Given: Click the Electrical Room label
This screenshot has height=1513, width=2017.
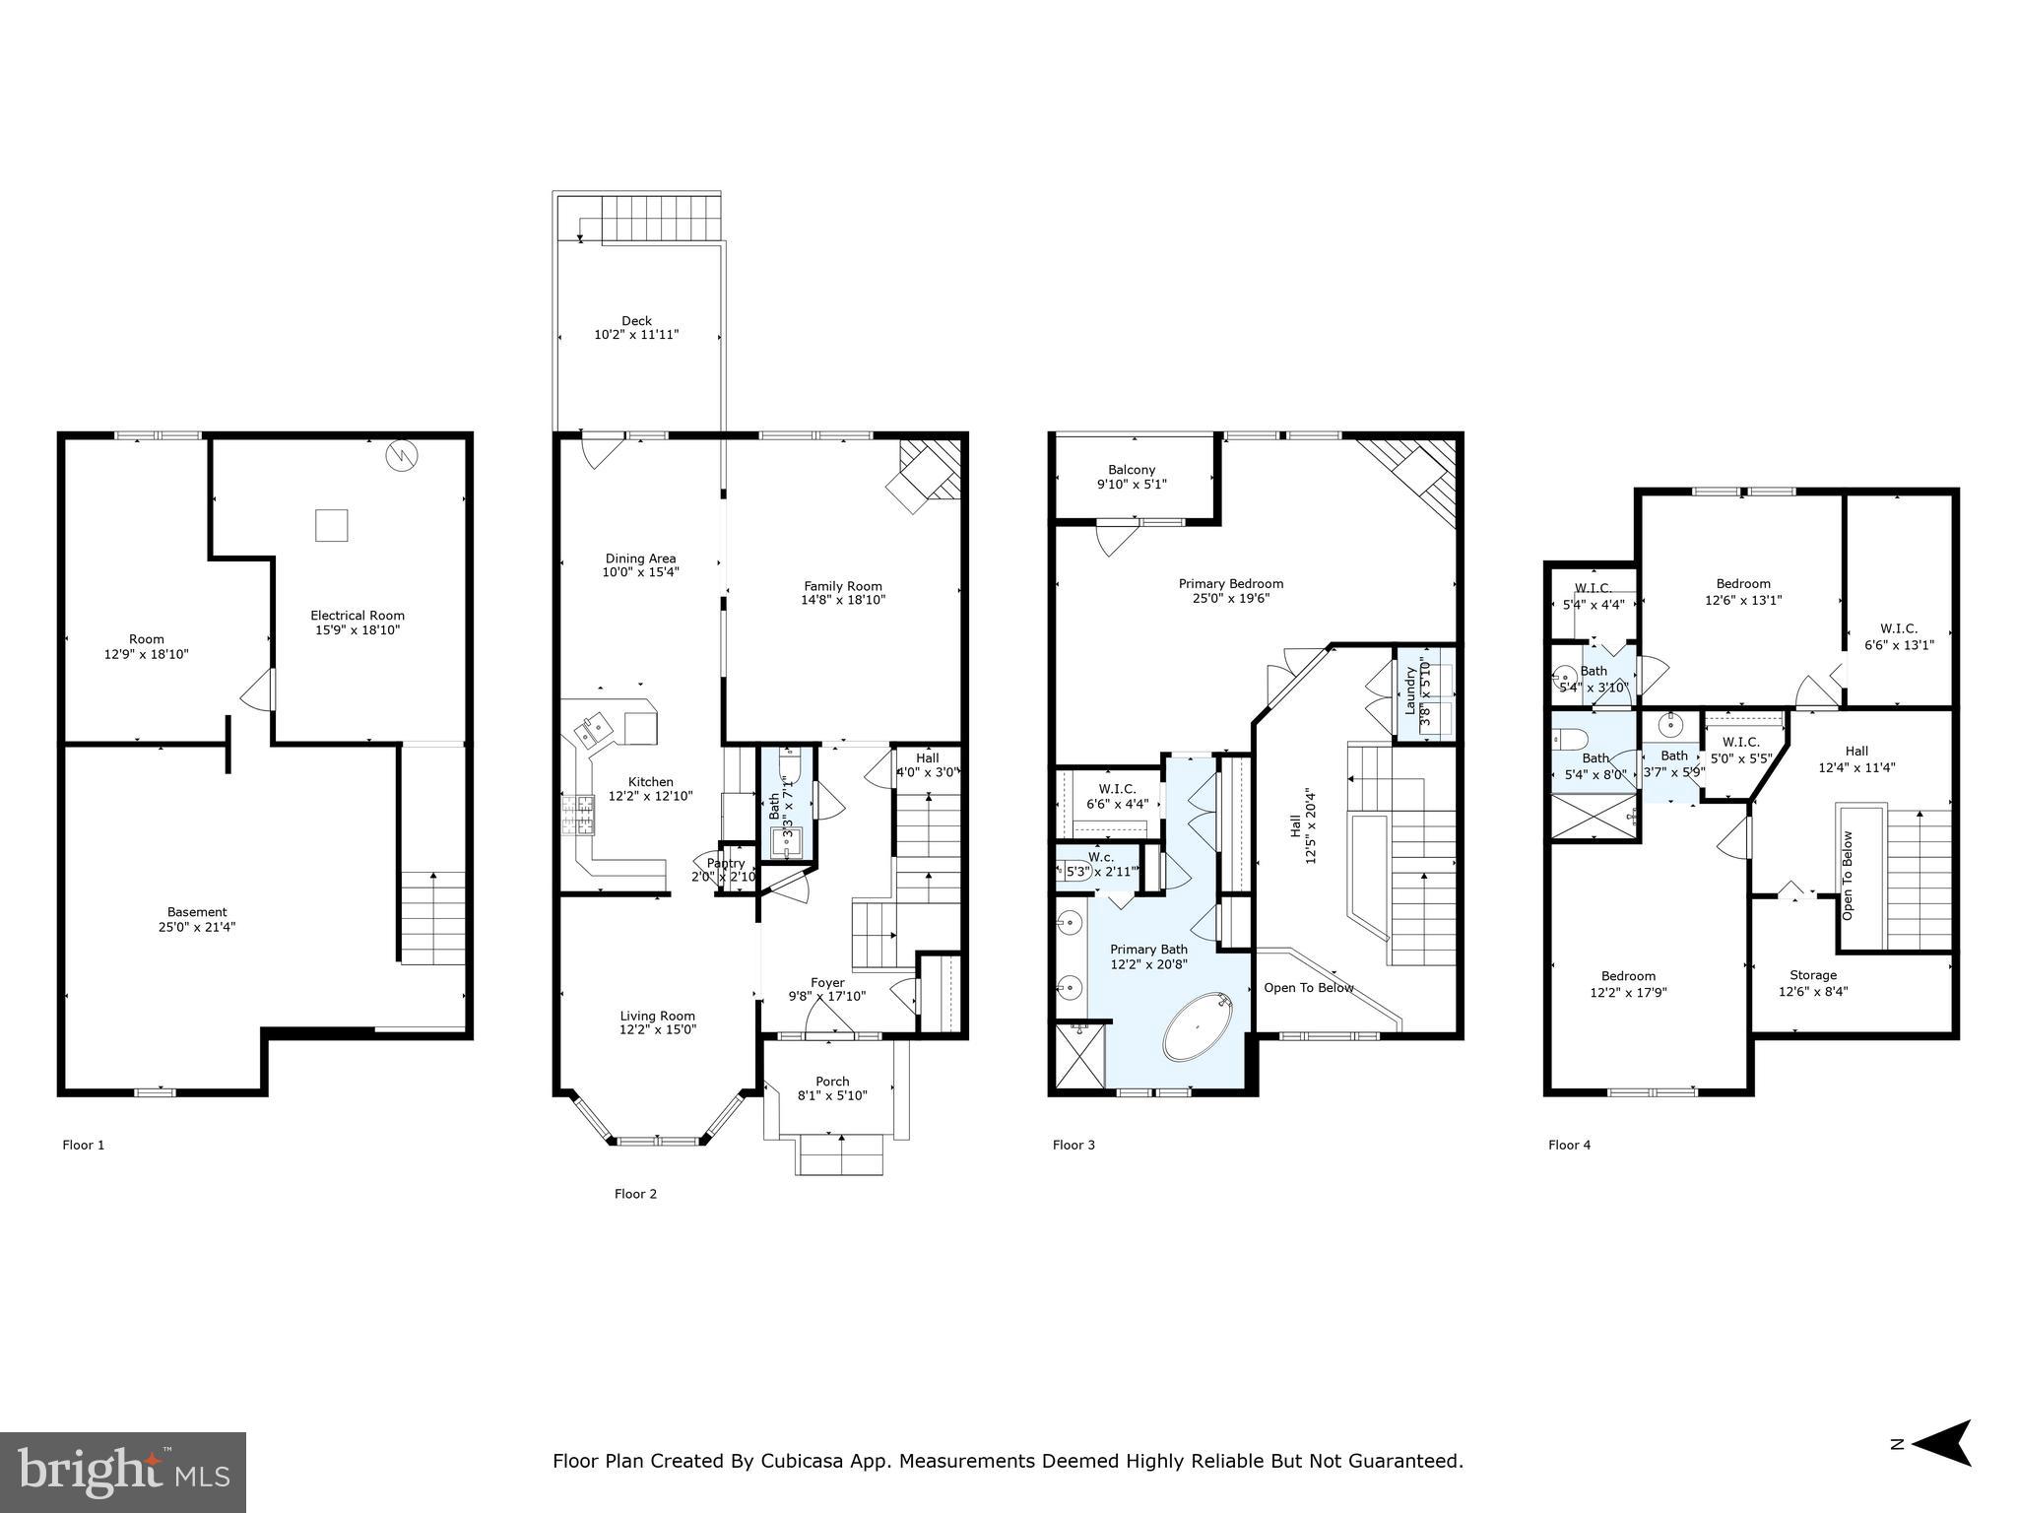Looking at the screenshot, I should [x=358, y=616].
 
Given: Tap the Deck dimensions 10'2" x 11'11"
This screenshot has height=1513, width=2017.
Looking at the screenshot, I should [x=636, y=335].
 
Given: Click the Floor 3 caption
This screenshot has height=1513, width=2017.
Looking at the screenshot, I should [x=1074, y=1145].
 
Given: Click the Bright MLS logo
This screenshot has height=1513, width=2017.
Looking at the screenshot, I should [x=123, y=1472].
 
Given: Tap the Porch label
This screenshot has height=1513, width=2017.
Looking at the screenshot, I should [x=832, y=1082].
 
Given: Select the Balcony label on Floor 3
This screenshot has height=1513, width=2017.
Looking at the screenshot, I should [x=1132, y=470].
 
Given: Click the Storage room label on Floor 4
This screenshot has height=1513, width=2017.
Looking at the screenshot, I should [x=1813, y=975].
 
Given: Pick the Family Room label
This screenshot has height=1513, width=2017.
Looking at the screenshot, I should [x=843, y=586].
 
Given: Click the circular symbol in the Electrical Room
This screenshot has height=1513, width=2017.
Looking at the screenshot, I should [x=402, y=455].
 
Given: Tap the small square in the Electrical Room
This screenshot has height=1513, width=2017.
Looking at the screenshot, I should [x=331, y=525].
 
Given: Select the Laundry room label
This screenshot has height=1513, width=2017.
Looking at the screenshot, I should [x=1410, y=691].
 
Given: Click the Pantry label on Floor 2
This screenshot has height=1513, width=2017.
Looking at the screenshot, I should [x=726, y=863].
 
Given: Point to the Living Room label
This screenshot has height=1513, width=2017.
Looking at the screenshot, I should [x=657, y=1016].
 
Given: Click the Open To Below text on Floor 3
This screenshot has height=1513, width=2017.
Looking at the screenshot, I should [x=1309, y=988].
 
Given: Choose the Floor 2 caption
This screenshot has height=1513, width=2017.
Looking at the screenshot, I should [x=635, y=1194].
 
